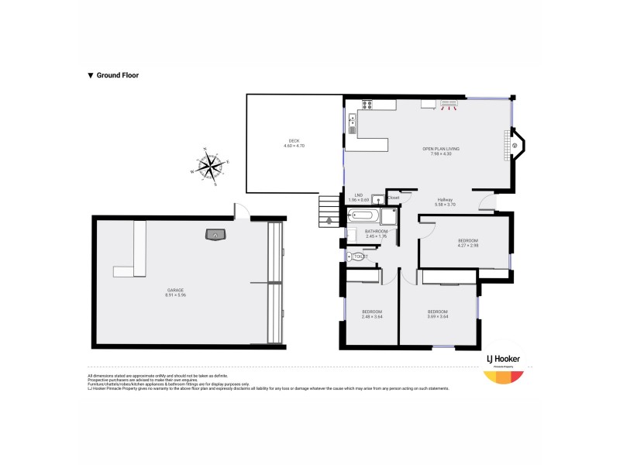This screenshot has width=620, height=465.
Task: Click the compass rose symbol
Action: coord(209,165)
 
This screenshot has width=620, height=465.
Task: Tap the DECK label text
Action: coord(294,140)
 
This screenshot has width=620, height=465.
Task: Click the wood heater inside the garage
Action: coord(213,234)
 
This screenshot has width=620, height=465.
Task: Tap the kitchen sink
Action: coord(353,121)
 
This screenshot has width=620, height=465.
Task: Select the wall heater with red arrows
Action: coord(449,104)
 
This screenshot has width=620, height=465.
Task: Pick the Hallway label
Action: coord(445,199)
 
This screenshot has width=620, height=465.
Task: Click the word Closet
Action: coord(394,198)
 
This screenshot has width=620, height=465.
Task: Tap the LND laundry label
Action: coord(359,195)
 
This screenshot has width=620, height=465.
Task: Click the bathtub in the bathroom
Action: coord(363,216)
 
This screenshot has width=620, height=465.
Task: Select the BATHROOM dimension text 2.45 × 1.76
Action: coord(377,236)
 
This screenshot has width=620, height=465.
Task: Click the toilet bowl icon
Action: coord(358,257)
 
